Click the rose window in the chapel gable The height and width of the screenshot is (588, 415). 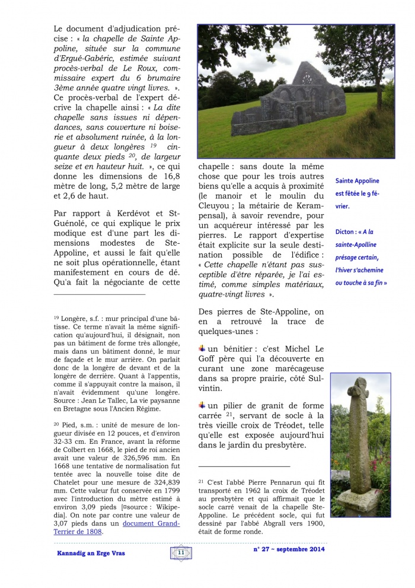[x=309, y=78]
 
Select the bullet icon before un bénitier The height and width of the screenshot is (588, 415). [x=202, y=347]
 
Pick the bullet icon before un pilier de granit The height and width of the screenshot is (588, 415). [x=202, y=405]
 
